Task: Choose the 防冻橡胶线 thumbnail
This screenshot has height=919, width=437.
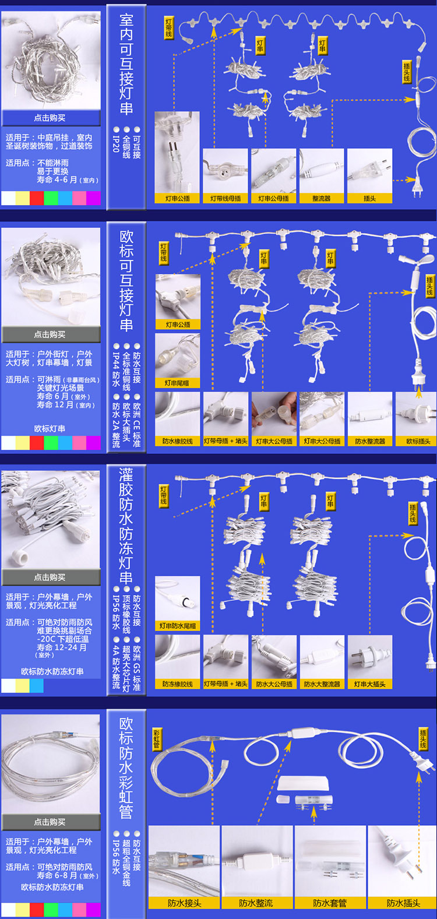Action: [178, 657]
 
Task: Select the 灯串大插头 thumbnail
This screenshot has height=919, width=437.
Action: [369, 657]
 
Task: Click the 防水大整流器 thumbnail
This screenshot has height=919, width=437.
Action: [322, 657]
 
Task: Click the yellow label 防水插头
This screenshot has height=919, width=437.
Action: [403, 903]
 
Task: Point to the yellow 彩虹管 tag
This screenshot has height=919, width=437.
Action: [156, 739]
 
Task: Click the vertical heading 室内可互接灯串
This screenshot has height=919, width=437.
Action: [126, 64]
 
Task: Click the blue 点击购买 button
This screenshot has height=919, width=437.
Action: [50, 118]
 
